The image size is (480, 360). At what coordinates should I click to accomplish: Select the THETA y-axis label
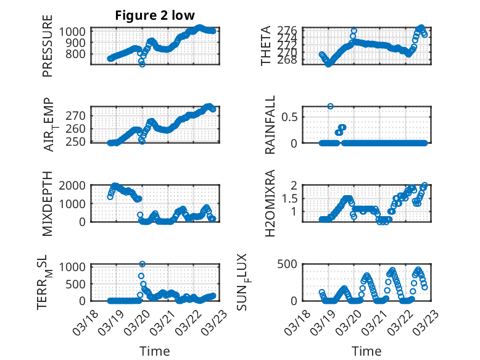pos(266,46)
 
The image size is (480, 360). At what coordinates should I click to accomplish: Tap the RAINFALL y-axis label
pos(270,125)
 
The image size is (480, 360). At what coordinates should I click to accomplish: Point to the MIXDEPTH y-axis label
pos(48,203)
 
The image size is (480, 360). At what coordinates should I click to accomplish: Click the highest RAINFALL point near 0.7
pos(331,106)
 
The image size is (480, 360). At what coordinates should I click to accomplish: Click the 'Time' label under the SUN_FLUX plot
pos(366,351)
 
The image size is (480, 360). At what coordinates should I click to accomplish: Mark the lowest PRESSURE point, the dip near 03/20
pos(142,64)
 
